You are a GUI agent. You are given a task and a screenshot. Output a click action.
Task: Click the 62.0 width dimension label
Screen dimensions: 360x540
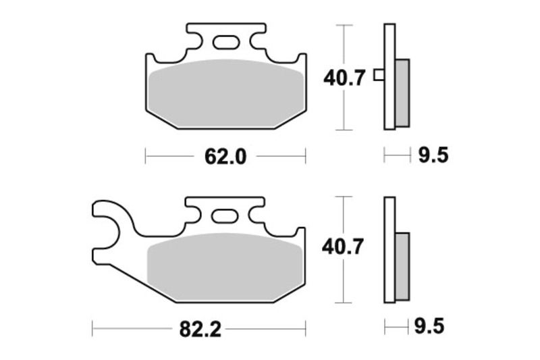coord(225,157)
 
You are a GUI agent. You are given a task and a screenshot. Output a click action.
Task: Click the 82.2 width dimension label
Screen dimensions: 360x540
coord(200,330)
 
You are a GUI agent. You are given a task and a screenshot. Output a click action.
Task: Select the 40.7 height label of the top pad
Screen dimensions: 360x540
coord(344,78)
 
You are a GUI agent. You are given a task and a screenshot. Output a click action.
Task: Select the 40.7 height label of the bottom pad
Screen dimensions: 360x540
coord(344,248)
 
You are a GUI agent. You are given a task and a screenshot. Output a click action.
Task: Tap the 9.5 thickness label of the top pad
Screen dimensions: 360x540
coord(432,157)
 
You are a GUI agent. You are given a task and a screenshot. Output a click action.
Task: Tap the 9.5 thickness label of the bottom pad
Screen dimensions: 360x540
coord(432,329)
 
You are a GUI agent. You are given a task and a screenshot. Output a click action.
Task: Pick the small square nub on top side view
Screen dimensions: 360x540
coord(379,75)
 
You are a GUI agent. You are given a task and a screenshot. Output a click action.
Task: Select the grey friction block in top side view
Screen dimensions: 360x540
coord(402,91)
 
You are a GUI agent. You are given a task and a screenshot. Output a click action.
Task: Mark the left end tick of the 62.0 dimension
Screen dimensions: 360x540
coord(146,157)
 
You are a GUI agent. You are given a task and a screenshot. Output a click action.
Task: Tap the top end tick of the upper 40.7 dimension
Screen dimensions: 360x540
coord(344,25)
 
